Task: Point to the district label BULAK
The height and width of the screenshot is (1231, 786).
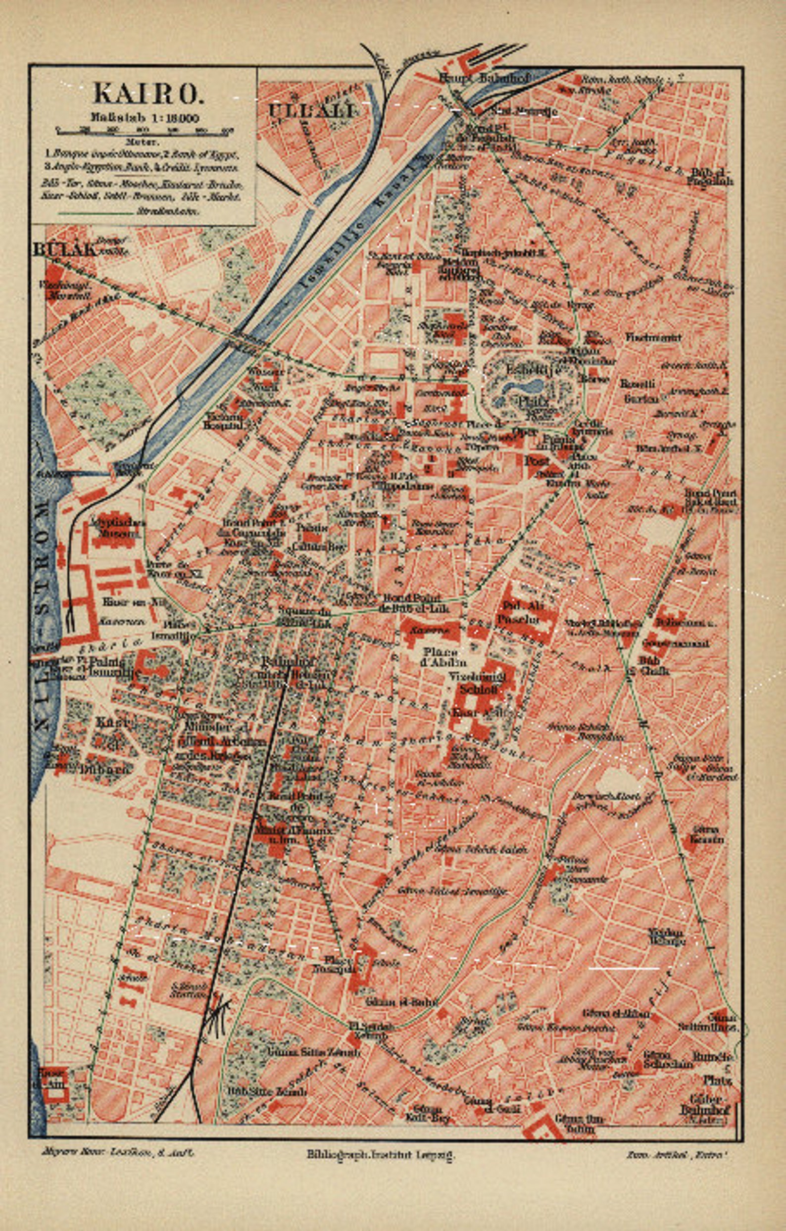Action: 64,250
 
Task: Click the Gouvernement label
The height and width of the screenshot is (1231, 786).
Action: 676,643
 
